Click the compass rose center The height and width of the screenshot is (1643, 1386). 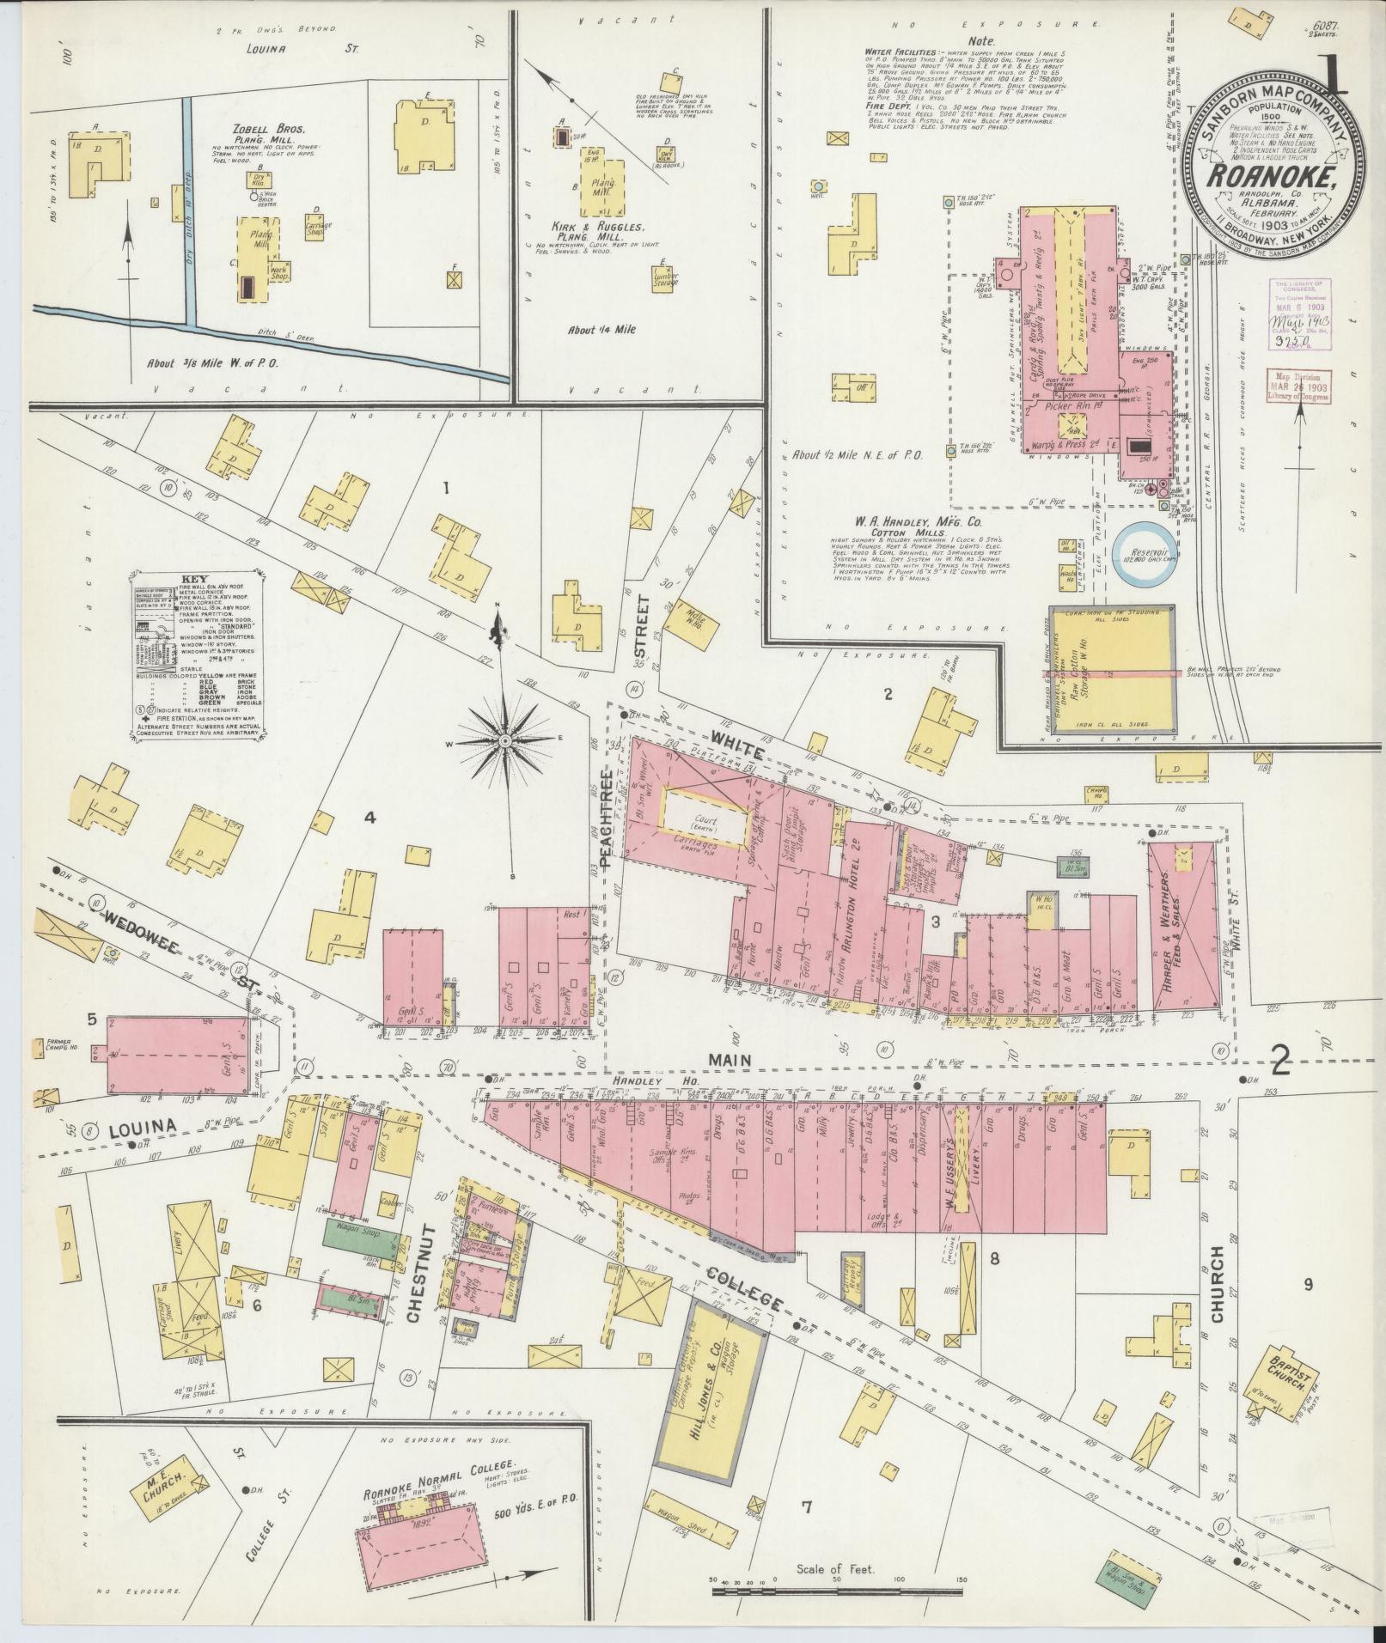505,740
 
